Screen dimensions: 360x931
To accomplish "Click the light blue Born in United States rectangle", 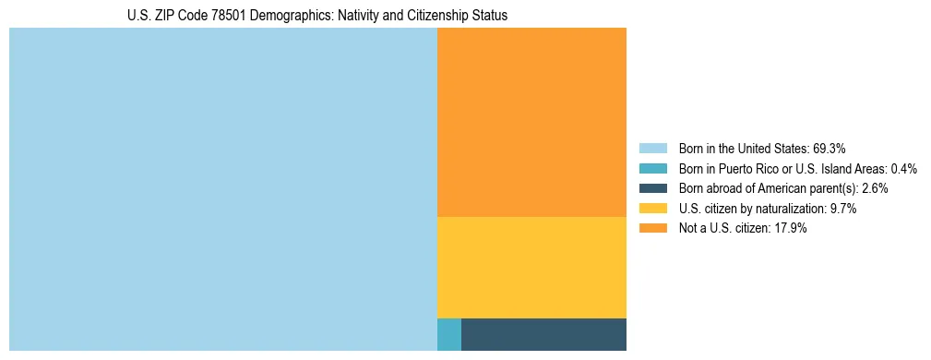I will pos(222,189).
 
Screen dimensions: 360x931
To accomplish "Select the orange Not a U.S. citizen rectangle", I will pos(531,122).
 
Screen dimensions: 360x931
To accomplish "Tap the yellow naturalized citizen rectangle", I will pos(531,268).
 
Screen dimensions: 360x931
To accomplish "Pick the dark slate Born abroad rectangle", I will pos(543,334).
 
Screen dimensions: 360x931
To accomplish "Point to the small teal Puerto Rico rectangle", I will pos(448,334).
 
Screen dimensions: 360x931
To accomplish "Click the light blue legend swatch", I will pos(652,148).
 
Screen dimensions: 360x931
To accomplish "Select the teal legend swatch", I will pos(652,168).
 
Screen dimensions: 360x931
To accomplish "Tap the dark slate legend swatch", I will pos(652,188).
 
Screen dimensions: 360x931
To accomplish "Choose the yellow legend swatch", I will pos(652,209).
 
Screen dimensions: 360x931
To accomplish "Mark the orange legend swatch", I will pos(652,228).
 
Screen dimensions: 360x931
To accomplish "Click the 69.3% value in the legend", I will pos(830,148).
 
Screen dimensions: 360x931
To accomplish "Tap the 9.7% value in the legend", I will pos(842,209).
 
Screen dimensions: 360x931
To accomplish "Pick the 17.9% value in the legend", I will pos(791,228).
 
